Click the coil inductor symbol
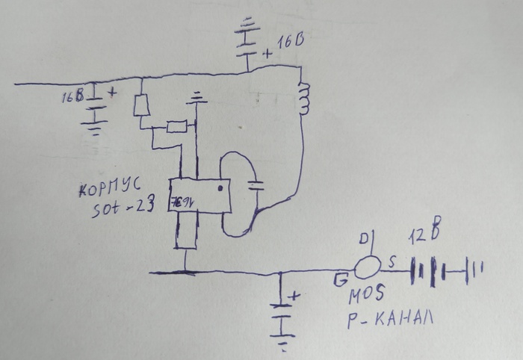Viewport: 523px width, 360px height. pyautogui.click(x=303, y=99)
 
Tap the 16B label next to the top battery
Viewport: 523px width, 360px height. pyautogui.click(x=291, y=43)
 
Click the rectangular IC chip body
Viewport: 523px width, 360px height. pyautogui.click(x=199, y=196)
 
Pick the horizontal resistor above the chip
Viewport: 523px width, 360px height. pyautogui.click(x=177, y=126)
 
